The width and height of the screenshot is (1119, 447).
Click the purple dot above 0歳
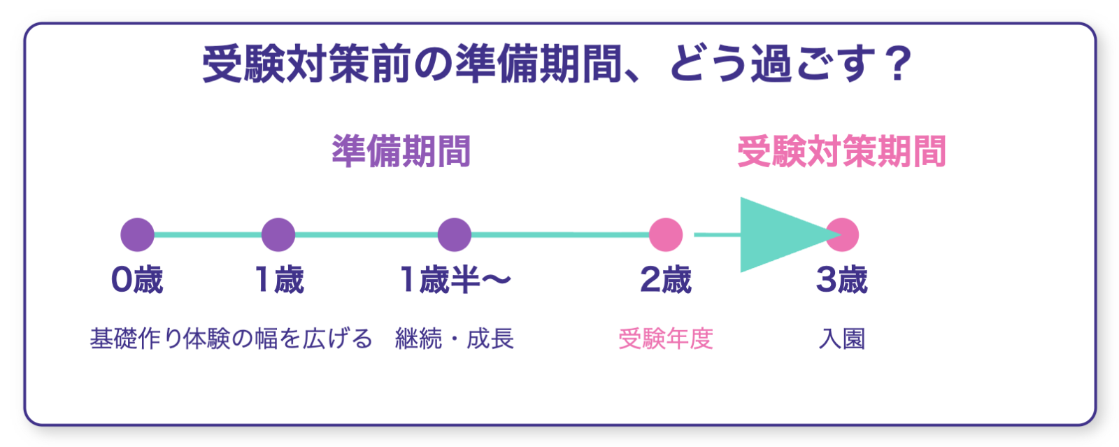click(x=137, y=235)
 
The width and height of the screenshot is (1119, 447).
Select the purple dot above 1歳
click(x=278, y=235)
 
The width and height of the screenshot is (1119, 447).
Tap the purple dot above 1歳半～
click(x=455, y=235)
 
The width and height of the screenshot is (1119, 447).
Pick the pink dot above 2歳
click(x=666, y=235)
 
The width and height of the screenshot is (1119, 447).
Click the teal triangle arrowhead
click(x=776, y=235)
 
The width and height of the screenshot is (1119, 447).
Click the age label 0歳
click(x=137, y=281)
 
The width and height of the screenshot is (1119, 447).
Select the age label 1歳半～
click(x=455, y=281)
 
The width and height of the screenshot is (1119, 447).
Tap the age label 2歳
click(x=666, y=281)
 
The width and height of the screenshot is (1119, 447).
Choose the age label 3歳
click(x=842, y=281)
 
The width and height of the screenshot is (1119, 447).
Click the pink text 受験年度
click(x=666, y=339)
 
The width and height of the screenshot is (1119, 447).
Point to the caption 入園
click(x=842, y=339)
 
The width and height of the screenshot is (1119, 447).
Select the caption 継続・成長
click(x=455, y=339)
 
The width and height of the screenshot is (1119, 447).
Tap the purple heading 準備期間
click(x=401, y=152)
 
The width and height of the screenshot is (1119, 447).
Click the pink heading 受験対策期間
click(x=842, y=152)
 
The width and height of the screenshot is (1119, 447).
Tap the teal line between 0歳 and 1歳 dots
click(x=208, y=235)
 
